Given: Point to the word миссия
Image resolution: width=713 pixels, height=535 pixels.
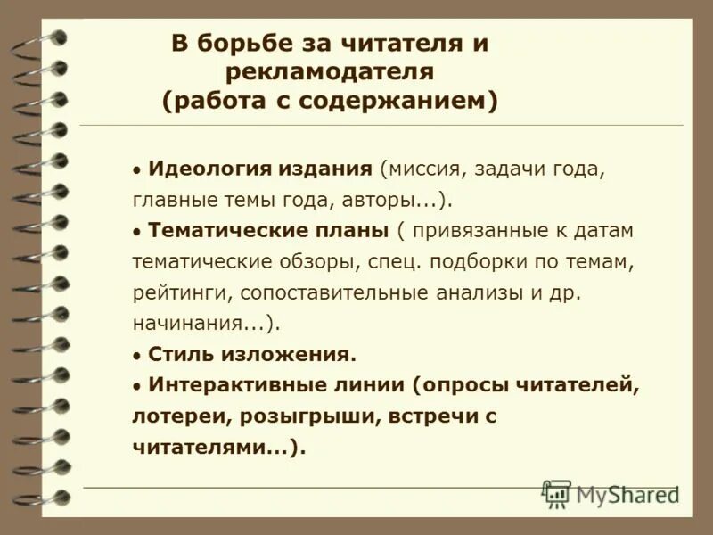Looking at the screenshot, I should point(420,169).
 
